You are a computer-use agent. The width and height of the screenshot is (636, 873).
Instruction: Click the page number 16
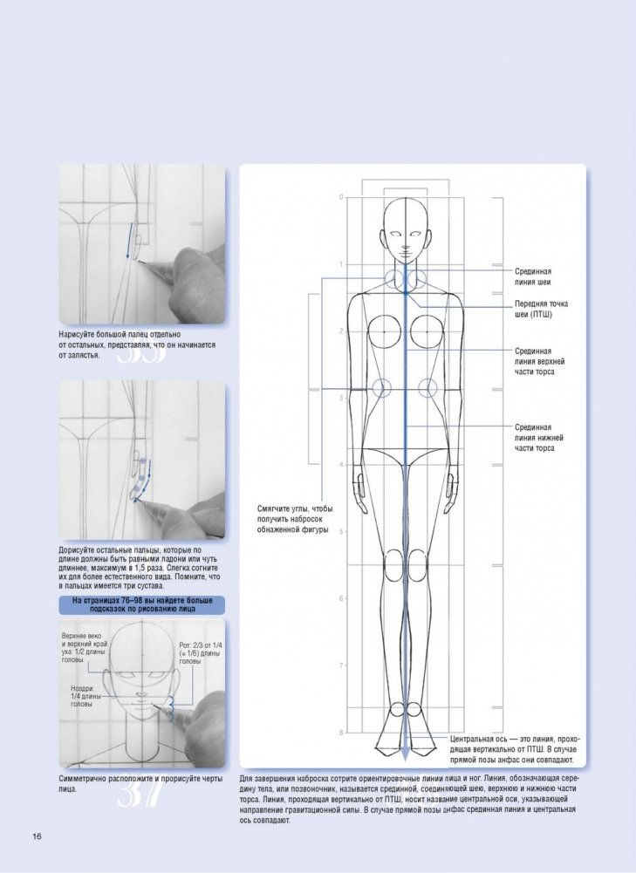coord(38,837)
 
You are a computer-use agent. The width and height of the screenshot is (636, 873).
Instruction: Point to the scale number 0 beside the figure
coord(341,197)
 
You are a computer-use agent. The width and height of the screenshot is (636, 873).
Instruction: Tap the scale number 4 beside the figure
coord(341,465)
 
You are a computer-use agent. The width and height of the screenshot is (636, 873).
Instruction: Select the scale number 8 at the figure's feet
coord(341,732)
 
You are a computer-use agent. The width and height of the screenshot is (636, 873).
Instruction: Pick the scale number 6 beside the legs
coord(341,598)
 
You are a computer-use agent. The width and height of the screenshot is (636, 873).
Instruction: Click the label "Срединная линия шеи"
coord(537,277)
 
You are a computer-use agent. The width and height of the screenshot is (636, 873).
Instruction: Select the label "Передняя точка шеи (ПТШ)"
coord(541,310)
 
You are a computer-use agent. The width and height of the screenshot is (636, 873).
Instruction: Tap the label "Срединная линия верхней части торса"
coord(539,361)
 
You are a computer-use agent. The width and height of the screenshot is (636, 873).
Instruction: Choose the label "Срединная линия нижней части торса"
coord(539,437)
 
